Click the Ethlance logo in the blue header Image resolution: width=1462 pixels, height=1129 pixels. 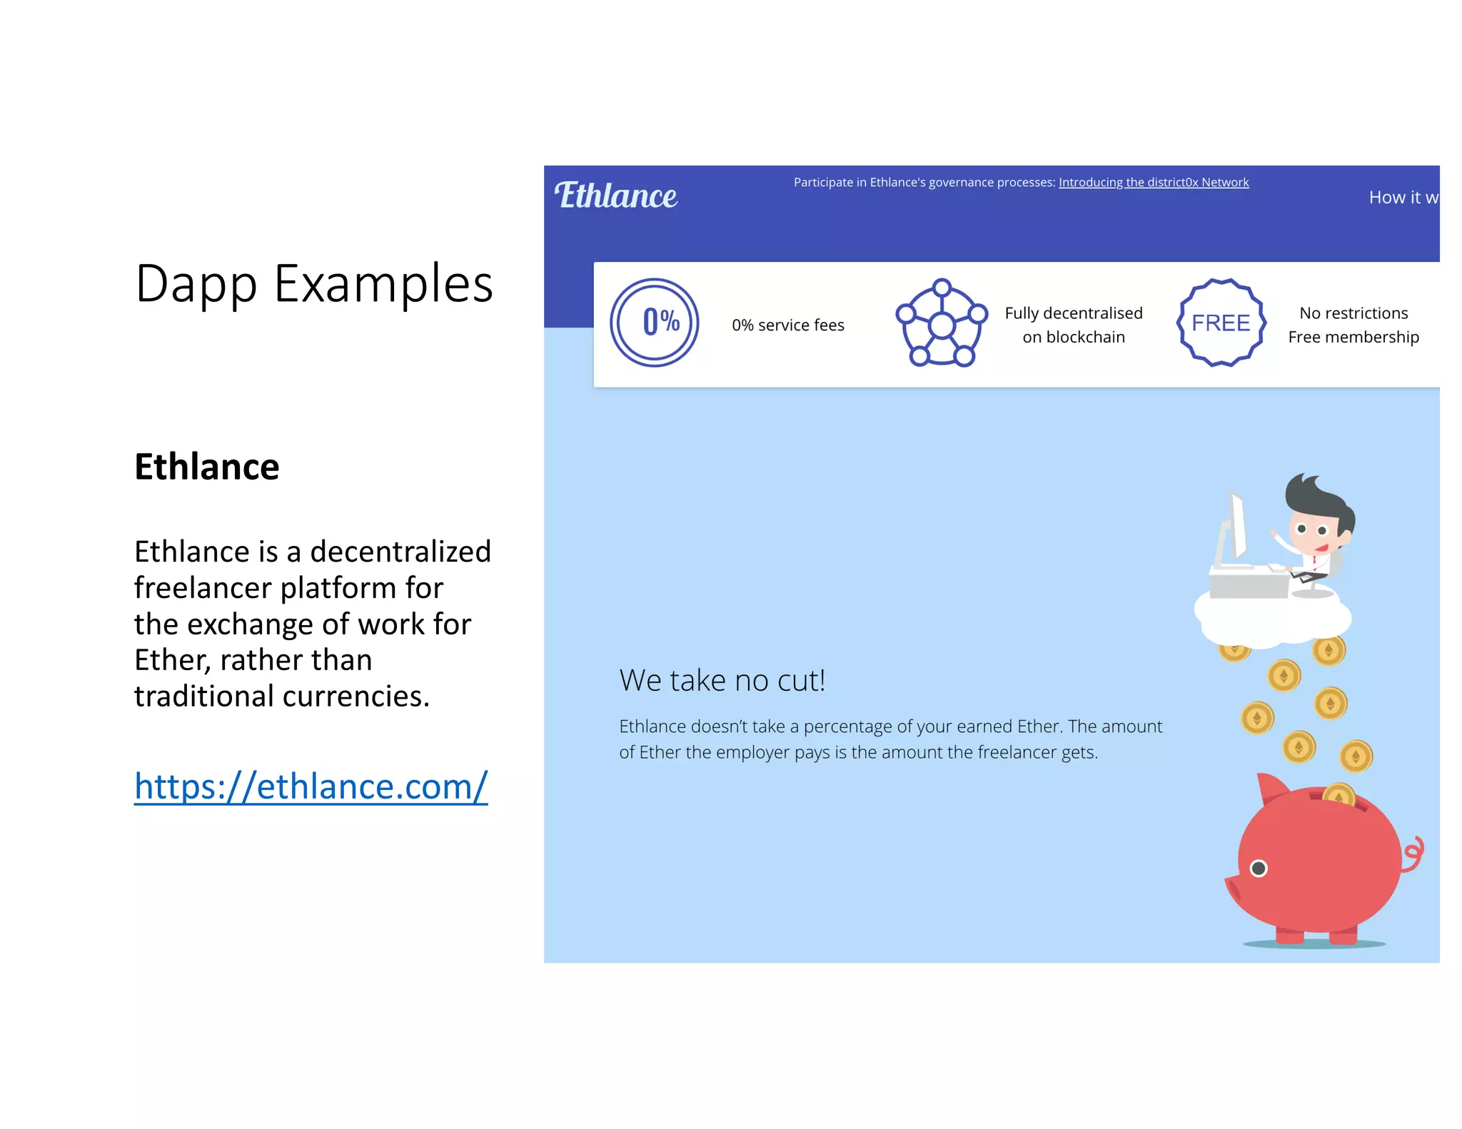616,196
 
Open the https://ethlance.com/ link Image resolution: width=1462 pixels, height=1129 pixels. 311,786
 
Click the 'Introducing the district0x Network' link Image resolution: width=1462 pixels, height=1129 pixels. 1153,183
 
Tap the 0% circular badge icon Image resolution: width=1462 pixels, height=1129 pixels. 654,323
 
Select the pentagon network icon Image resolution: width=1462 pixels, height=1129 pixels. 942,323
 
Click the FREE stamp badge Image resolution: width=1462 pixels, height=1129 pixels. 1221,323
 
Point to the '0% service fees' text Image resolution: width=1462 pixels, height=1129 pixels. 787,325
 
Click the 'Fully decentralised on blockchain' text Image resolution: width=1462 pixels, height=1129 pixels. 1073,325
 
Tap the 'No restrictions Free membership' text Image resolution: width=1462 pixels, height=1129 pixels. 1353,325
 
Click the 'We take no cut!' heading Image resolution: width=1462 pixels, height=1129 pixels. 722,681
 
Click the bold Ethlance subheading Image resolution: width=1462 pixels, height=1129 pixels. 207,467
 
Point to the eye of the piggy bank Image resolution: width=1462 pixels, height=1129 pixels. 1259,868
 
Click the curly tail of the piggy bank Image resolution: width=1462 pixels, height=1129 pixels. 1413,853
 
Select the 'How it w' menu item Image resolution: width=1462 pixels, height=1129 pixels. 1403,198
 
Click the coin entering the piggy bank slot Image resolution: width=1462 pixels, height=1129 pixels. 1339,794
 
